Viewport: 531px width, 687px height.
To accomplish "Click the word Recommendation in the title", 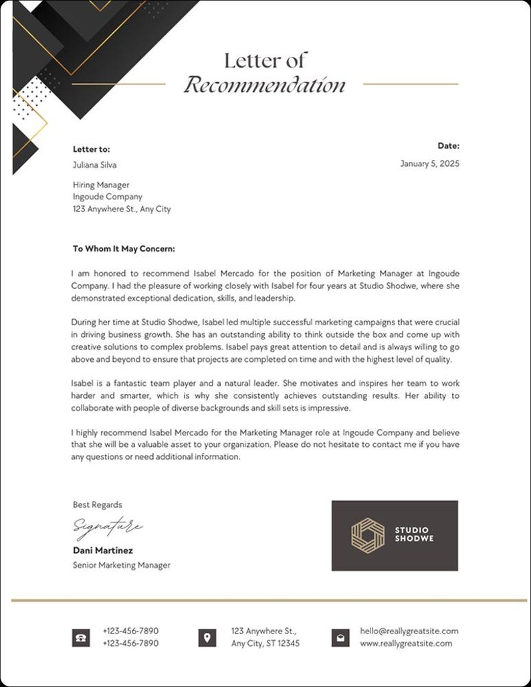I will (265, 86).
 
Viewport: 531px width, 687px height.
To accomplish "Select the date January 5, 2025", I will (430, 163).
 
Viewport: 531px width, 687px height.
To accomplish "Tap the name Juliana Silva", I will (94, 165).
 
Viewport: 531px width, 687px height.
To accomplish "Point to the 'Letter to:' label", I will (91, 149).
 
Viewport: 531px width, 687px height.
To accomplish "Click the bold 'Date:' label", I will (448, 146).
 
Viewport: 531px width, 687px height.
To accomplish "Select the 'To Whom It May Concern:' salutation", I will (124, 249).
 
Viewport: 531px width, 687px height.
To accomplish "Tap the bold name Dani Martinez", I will (103, 551).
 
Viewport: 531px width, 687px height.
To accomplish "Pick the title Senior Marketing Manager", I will (121, 565).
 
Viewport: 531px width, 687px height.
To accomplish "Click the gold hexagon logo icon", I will (368, 536).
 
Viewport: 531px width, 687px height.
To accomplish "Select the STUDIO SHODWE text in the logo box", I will (414, 534).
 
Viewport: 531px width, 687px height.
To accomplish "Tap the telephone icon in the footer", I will (81, 637).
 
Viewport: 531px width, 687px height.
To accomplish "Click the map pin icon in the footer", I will (207, 637).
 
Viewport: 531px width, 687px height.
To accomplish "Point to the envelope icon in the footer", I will (340, 637).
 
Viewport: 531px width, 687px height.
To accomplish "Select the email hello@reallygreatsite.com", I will (409, 631).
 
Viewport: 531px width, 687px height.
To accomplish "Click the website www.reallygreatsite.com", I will (406, 644).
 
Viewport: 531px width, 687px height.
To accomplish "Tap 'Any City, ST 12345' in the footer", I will (265, 644).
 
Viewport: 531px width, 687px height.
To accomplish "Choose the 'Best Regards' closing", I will (98, 505).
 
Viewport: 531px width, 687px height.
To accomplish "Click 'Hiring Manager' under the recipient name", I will (101, 185).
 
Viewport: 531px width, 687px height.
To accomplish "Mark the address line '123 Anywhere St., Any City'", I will (122, 209).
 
